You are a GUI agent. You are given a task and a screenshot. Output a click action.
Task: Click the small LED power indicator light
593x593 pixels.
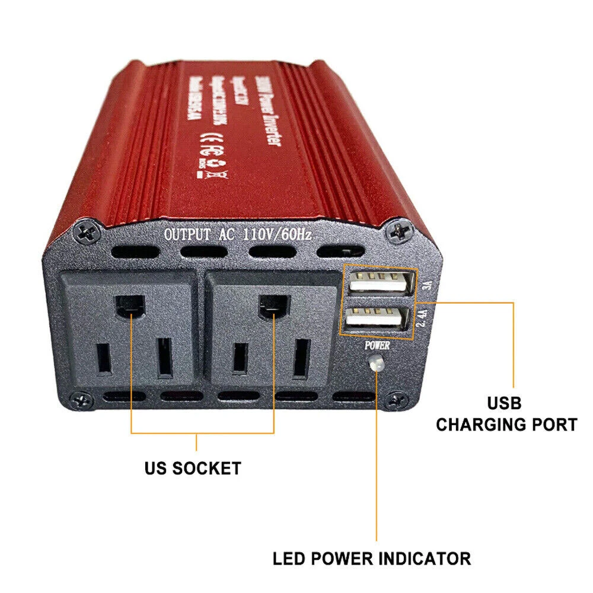click(x=374, y=364)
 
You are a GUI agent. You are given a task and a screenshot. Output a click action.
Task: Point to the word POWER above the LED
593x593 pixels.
click(x=377, y=345)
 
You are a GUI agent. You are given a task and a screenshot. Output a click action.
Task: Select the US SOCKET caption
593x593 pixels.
click(x=193, y=468)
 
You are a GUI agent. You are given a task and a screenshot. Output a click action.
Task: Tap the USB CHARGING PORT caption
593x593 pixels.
click(x=506, y=414)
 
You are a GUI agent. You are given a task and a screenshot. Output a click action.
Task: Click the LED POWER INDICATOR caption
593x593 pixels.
click(x=372, y=558)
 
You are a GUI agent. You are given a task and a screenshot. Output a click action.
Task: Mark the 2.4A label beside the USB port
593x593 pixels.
click(x=423, y=318)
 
